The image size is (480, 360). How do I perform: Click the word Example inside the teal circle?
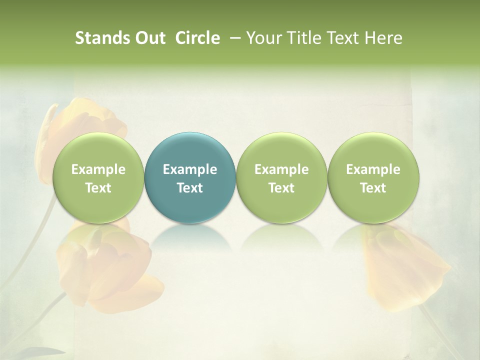pos(190,170)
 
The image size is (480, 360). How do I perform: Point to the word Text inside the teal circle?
pos(190,188)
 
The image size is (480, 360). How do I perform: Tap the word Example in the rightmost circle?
pos(373,170)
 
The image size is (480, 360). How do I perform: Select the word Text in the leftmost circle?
pos(98,188)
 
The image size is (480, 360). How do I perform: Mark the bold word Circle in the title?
pos(197,38)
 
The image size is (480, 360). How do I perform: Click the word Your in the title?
pos(263,38)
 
